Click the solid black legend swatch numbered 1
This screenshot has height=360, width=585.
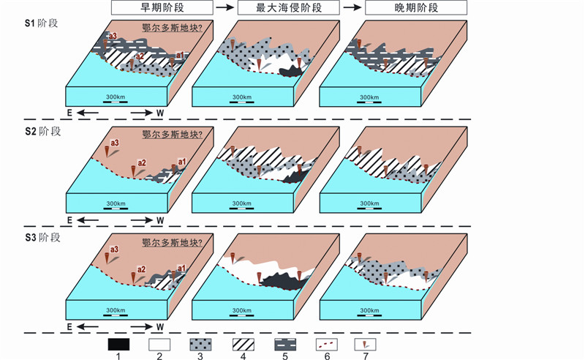[x=118, y=344]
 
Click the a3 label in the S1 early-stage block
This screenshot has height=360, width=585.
[x=113, y=36]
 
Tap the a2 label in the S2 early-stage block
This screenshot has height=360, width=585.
[x=142, y=162]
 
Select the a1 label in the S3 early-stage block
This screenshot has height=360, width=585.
[x=182, y=269]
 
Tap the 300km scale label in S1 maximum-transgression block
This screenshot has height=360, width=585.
[x=240, y=97]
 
